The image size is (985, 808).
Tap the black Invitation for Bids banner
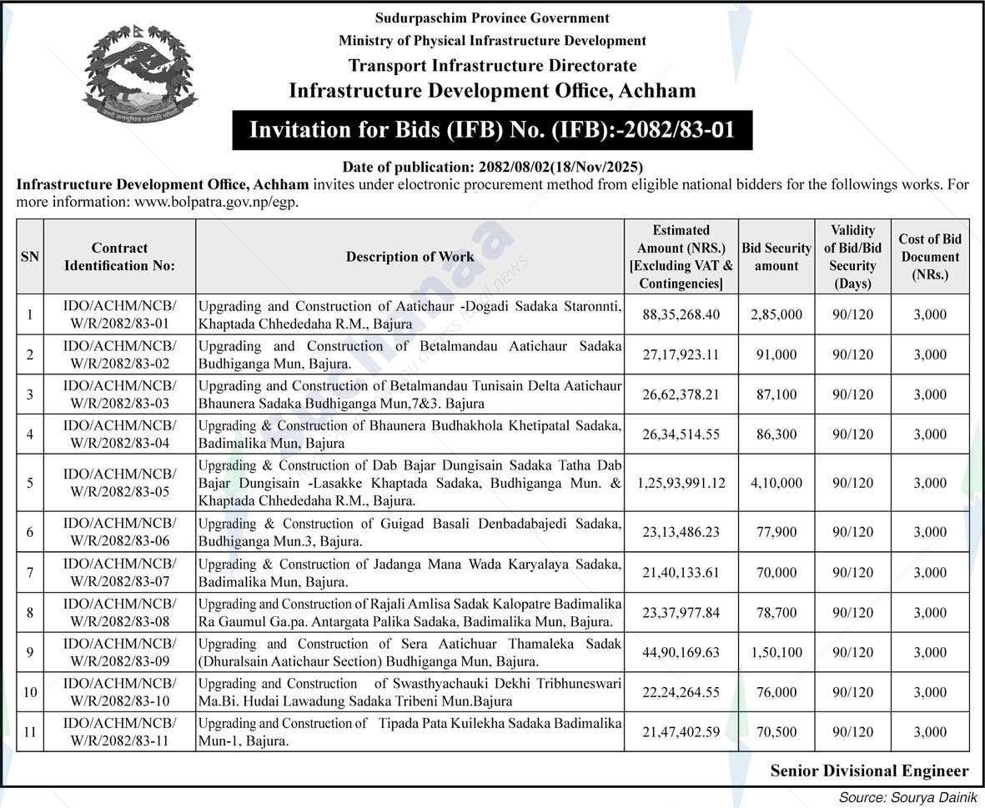492,131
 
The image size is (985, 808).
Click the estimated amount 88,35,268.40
681,314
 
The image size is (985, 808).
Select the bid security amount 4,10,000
776,483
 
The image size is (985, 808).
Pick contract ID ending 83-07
119,572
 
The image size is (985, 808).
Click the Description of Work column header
410,257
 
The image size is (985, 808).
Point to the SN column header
29,257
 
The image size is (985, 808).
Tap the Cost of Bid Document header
929,257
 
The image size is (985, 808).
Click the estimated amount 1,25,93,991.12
681,483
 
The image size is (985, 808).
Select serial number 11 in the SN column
29,732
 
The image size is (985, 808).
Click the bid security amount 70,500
776,732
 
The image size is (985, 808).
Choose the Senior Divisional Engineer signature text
869,770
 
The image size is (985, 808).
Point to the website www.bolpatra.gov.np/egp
216,201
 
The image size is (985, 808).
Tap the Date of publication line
492,167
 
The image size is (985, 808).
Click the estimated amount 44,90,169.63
681,652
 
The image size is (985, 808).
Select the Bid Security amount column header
776,257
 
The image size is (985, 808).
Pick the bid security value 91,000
776,354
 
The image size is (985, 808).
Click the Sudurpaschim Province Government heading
492,18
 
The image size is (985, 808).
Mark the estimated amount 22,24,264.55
681,692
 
